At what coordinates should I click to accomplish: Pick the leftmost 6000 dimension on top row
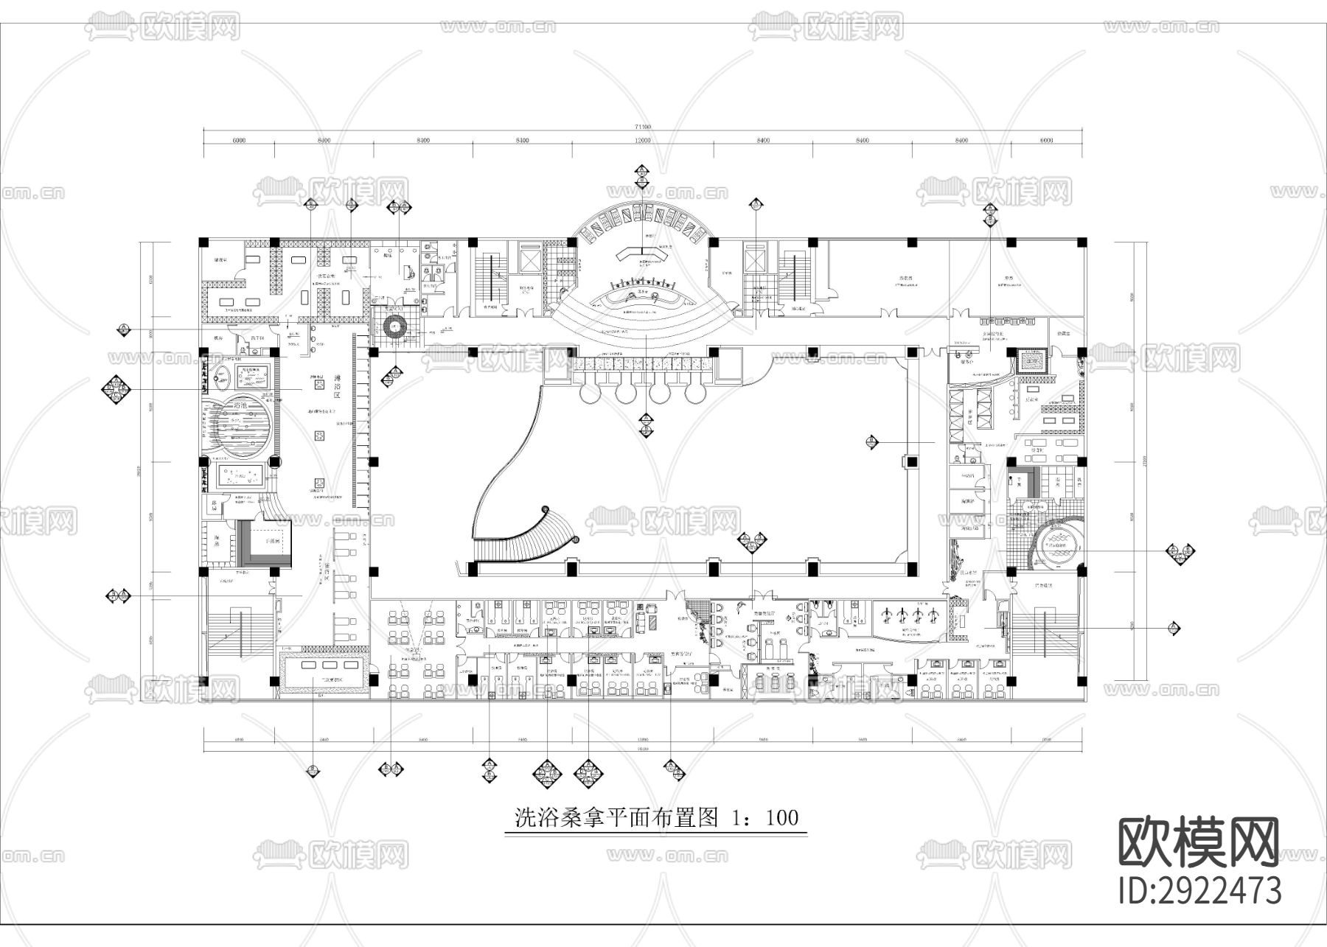tap(238, 140)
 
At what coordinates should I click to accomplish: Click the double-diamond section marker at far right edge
tap(1180, 551)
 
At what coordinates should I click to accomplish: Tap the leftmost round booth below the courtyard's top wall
tap(591, 392)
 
